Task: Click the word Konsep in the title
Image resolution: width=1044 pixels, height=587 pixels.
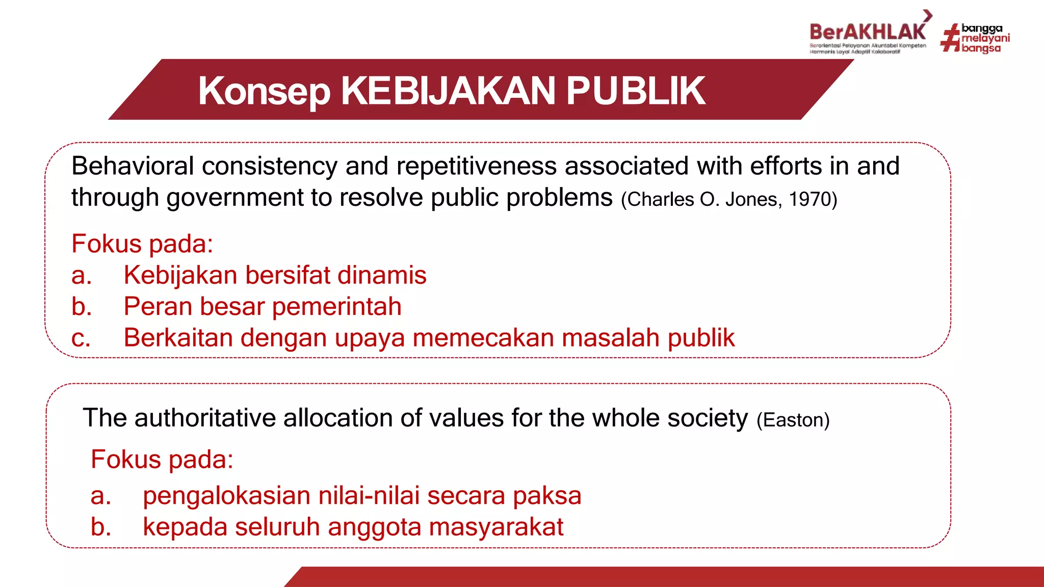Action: pos(264,91)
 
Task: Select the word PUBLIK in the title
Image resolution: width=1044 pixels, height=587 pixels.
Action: pos(636,91)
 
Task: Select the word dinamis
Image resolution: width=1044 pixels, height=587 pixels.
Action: pos(382,275)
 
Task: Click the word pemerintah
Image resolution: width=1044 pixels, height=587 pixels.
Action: pos(336,307)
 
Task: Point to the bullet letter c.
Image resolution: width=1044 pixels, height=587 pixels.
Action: pos(81,338)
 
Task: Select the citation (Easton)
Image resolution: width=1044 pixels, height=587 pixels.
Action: pos(793,420)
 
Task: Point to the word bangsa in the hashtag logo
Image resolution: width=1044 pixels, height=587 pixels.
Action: pos(981,48)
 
